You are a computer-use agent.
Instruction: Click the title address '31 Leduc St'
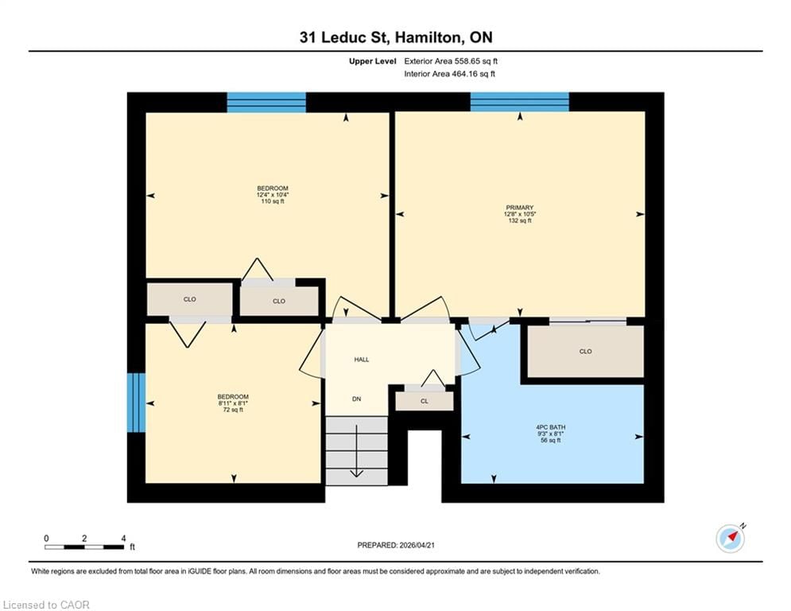[344, 37]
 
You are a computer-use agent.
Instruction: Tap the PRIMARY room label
[520, 208]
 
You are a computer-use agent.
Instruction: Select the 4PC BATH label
[550, 427]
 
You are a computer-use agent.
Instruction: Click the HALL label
[362, 360]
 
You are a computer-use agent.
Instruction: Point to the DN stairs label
[357, 399]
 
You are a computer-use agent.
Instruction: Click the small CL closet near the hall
[425, 401]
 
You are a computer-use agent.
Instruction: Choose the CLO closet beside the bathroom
[585, 351]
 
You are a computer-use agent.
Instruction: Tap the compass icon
[731, 539]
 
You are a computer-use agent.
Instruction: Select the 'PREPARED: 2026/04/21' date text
[396, 545]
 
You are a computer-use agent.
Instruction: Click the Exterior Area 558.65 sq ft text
[451, 61]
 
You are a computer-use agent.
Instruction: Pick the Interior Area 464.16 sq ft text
[449, 74]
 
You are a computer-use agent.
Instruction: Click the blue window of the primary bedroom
[520, 102]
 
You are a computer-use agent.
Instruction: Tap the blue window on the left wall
[136, 403]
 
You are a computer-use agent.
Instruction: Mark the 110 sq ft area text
[273, 201]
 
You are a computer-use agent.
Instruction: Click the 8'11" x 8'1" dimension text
[233, 403]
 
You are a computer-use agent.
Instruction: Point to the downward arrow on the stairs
[357, 451]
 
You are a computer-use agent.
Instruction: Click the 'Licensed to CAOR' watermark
[46, 605]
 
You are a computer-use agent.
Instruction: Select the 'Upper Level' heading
[373, 61]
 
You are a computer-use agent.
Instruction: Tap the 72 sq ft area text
[233, 410]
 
